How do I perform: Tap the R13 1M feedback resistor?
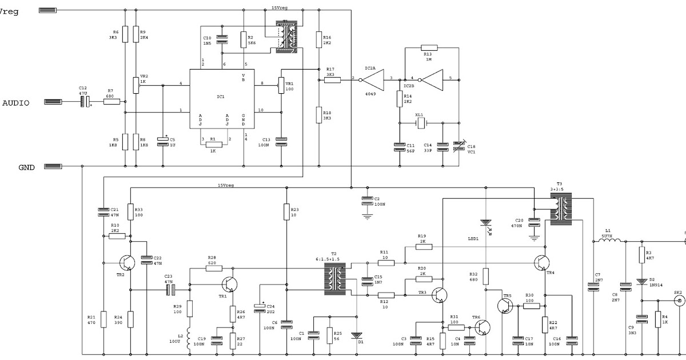click(x=429, y=48)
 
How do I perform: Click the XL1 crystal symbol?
click(x=421, y=122)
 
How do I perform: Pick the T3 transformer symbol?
click(x=561, y=206)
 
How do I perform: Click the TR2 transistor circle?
click(x=127, y=262)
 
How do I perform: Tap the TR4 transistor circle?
click(x=542, y=262)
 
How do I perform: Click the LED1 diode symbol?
click(x=485, y=223)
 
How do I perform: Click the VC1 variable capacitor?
click(x=457, y=147)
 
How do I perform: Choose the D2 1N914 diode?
click(x=642, y=281)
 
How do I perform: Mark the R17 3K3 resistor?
click(x=332, y=81)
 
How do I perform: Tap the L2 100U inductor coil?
click(x=189, y=340)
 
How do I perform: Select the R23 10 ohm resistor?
click(x=286, y=213)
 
